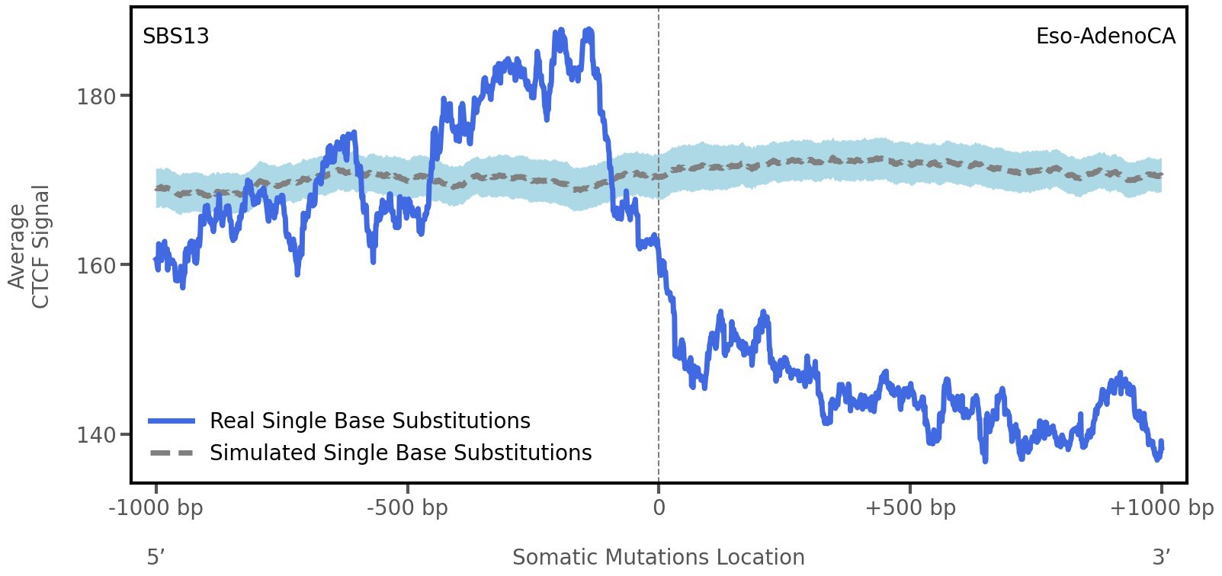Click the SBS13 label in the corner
click(176, 37)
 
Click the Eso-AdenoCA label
click(1105, 37)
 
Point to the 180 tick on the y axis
click(96, 97)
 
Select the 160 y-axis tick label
click(96, 266)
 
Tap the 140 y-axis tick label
click(96, 435)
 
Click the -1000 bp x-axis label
click(156, 508)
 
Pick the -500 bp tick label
click(407, 508)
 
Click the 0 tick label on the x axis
click(659, 508)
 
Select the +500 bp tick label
click(909, 508)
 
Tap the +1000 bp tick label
click(1161, 508)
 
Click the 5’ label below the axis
click(156, 558)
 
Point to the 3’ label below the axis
click(1161, 558)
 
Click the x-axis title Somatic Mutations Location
click(658, 558)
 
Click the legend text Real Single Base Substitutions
click(370, 421)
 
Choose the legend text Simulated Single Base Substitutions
click(400, 453)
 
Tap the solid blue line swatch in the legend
click(172, 421)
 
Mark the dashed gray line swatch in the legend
click(172, 453)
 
